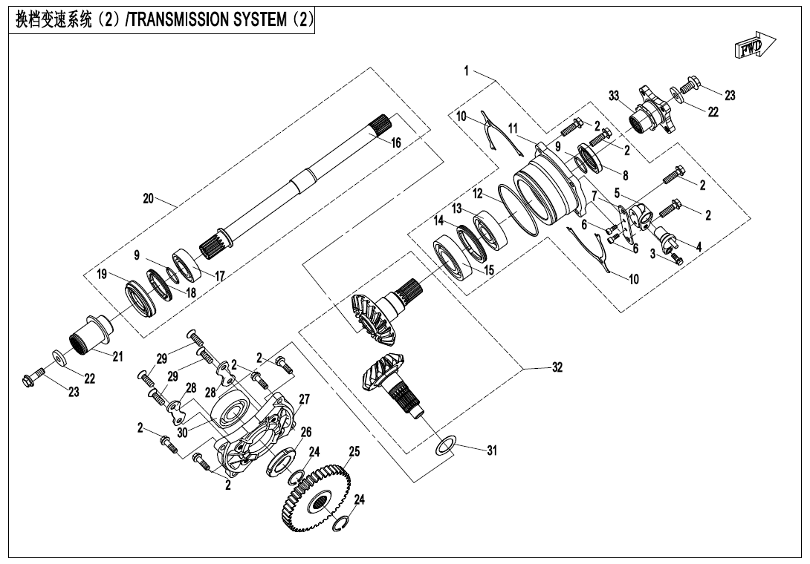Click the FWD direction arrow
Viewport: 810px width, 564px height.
754,47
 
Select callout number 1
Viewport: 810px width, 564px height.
466,71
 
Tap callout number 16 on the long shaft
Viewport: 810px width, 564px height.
396,142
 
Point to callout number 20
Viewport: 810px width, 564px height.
149,198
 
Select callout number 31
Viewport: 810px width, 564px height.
491,450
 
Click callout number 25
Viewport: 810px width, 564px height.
354,451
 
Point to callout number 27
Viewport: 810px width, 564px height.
303,399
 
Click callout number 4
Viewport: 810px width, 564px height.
699,245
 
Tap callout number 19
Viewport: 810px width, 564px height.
102,274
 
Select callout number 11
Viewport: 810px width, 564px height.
513,129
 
